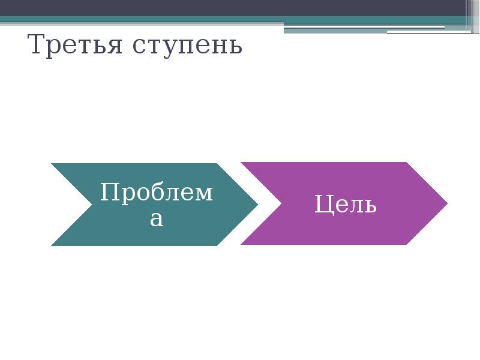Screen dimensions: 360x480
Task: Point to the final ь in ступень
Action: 236,47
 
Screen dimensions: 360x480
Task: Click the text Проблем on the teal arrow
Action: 156,193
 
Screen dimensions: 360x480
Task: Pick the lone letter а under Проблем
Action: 156,218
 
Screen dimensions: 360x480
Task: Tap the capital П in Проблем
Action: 108,193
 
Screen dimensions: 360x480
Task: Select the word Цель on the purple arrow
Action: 346,205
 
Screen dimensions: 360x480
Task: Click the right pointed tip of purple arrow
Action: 446,203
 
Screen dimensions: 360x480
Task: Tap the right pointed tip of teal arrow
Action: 257,205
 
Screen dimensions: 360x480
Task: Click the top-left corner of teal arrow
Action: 52,164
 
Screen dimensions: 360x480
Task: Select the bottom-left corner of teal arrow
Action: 52,245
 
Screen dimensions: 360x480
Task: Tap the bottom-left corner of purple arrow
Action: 242,244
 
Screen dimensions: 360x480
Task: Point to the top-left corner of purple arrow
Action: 242,163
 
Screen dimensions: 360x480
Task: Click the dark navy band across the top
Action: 240,7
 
